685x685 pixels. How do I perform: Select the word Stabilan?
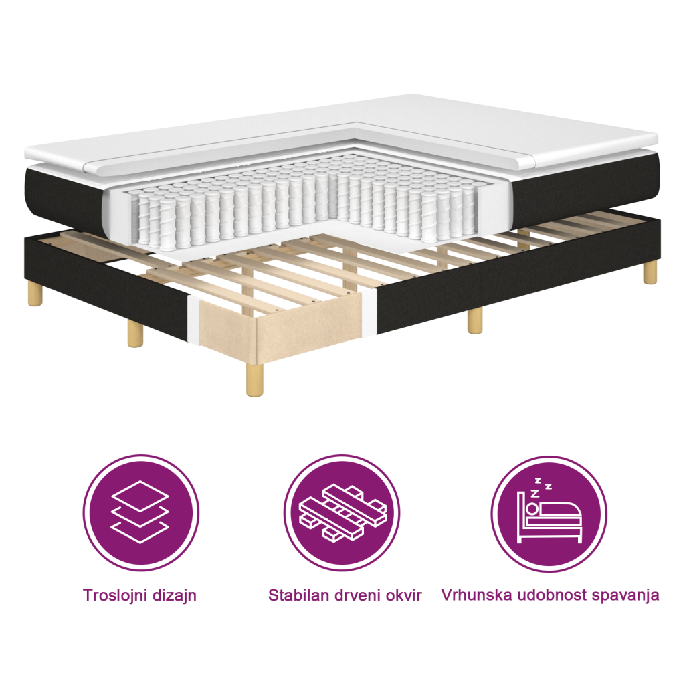[x=296, y=595]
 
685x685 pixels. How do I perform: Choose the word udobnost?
[x=552, y=595]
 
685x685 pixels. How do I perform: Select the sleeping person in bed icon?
[x=549, y=514]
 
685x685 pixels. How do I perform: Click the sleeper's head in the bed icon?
[x=532, y=509]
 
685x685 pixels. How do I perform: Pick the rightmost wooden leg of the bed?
[x=650, y=273]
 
